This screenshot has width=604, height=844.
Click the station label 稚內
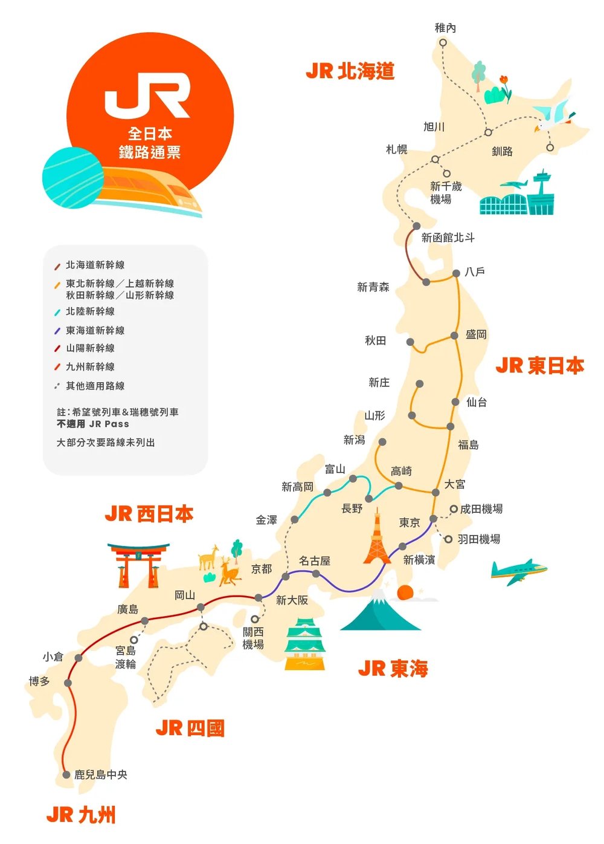[445, 28]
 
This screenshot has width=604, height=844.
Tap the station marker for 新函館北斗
[417, 226]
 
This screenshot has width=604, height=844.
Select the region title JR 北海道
[350, 71]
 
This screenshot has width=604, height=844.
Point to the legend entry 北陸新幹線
[90, 311]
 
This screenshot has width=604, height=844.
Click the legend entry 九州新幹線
[90, 366]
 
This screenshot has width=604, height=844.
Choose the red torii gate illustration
[138, 565]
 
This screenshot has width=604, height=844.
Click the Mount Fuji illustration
[380, 612]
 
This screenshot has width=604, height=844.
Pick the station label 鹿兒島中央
[101, 774]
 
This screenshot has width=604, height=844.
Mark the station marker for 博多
[68, 683]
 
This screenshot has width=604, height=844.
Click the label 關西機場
[253, 638]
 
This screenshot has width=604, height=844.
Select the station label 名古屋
[315, 560]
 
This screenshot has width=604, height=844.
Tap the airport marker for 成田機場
[454, 509]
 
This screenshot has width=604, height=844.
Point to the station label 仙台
[477, 402]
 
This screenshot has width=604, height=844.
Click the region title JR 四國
[190, 728]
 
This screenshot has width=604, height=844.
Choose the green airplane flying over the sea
[518, 571]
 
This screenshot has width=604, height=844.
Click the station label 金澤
[266, 520]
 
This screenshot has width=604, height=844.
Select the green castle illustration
[304, 644]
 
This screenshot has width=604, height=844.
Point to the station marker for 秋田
[410, 342]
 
